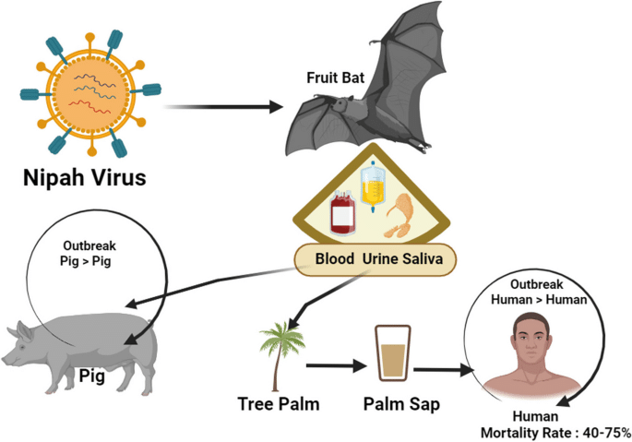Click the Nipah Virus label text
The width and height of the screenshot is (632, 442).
click(85, 176)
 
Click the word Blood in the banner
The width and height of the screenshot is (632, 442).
click(337, 261)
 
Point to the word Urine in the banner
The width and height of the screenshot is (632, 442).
click(384, 261)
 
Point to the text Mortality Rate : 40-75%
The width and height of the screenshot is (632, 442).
click(553, 432)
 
